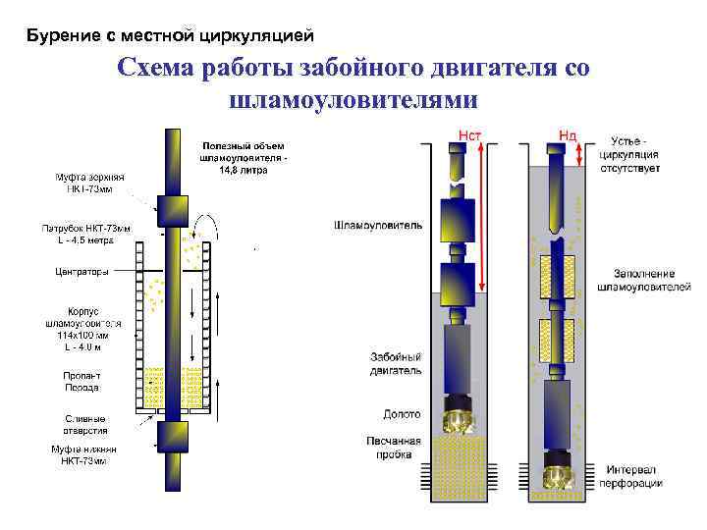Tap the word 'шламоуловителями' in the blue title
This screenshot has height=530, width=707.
[353, 99]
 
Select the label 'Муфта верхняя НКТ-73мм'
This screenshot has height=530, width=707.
[83, 183]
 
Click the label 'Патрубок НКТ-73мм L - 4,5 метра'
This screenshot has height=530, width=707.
[85, 233]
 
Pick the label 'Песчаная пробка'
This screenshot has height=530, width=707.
[393, 447]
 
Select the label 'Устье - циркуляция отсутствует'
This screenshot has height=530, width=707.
[635, 154]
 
